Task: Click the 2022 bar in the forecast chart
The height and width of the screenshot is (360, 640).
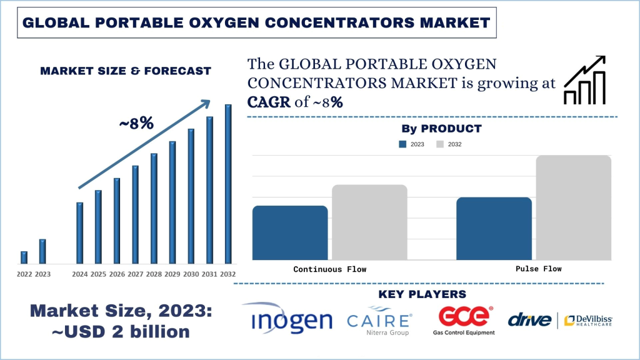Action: (24, 257)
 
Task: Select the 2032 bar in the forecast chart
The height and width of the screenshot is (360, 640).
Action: (228, 184)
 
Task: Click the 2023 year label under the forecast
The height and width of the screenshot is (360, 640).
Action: (42, 274)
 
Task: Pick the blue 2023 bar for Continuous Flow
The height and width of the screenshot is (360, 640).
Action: (290, 232)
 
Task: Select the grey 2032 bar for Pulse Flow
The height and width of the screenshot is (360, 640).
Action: (573, 207)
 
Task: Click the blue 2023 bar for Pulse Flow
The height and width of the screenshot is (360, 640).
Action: (494, 228)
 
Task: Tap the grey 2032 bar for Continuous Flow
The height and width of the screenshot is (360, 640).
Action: (369, 222)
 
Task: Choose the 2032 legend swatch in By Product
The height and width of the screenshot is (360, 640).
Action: (440, 144)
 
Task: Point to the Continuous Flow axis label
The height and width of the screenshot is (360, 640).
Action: (329, 269)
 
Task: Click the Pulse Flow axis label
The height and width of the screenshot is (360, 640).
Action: (538, 269)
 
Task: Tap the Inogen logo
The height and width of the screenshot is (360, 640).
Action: (291, 320)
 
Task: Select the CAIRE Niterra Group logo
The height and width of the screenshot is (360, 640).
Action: (379, 321)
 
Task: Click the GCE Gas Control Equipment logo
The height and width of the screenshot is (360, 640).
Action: (464, 320)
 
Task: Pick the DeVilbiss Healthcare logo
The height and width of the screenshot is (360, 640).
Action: (587, 320)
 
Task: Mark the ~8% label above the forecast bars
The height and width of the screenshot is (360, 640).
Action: (136, 123)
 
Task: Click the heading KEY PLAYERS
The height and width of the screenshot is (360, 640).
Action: (422, 294)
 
